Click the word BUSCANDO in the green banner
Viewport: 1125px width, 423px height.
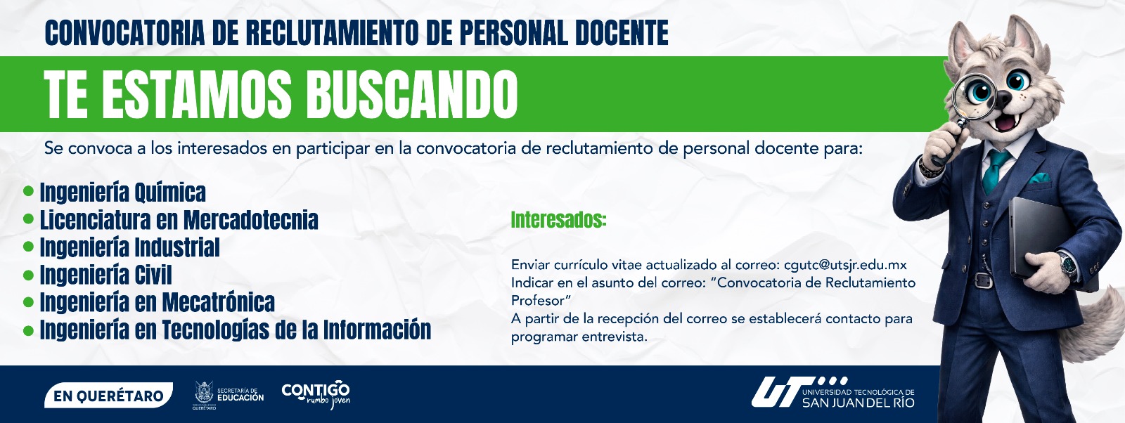(411, 94)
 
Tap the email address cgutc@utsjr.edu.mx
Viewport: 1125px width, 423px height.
(845, 264)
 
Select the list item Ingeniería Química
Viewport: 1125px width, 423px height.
(123, 193)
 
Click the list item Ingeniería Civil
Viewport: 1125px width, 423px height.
(106, 275)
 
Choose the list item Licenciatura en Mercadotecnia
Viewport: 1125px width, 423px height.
(179, 220)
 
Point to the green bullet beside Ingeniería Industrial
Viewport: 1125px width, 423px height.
(29, 247)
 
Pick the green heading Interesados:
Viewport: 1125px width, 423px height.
(558, 220)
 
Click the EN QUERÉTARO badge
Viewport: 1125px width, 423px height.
(108, 396)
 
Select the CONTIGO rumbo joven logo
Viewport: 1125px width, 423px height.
(316, 394)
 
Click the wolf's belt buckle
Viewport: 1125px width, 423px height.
(983, 280)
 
